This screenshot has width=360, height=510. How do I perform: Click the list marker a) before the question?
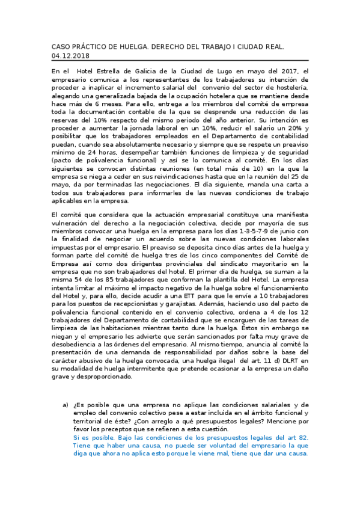pos(66,405)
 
